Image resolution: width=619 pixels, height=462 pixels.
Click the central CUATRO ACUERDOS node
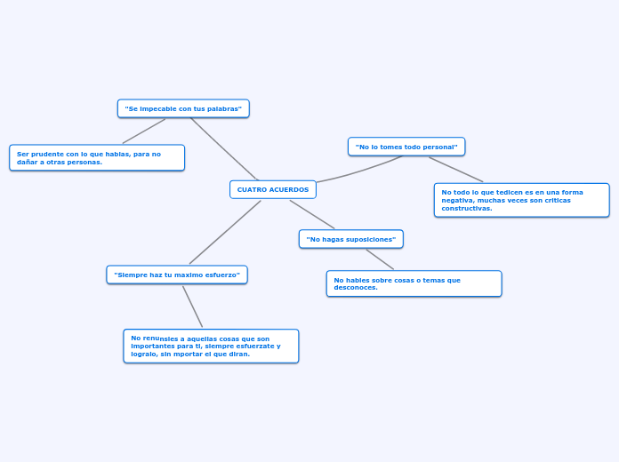[x=272, y=189]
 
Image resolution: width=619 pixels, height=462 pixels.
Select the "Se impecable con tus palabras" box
[x=183, y=108]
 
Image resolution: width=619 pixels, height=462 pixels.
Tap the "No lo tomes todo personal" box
[x=406, y=147]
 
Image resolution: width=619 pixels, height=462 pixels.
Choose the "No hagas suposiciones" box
[x=350, y=239]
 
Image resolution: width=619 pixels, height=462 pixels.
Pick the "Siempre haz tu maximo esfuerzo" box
[x=177, y=275]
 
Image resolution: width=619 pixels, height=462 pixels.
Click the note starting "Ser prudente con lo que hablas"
[x=97, y=157]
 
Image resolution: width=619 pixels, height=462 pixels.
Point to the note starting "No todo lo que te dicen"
[x=521, y=200]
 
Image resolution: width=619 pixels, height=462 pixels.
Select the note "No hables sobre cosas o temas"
[x=414, y=283]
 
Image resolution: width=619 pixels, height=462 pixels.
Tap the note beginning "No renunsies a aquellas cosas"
[x=211, y=346]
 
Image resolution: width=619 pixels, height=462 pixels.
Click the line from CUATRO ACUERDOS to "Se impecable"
[x=224, y=148]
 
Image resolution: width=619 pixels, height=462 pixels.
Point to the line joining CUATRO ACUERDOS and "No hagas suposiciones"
[x=311, y=214]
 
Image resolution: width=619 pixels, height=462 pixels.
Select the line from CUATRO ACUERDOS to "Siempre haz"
[x=225, y=232]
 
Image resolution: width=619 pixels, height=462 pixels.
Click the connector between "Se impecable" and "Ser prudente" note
[x=144, y=131]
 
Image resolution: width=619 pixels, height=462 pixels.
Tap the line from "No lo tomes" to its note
[x=455, y=169]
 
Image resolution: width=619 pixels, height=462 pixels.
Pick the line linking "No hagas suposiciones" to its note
[x=379, y=259]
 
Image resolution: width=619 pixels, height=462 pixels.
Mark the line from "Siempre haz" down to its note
[x=192, y=306]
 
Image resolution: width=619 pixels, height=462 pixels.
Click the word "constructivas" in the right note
[x=467, y=208]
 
